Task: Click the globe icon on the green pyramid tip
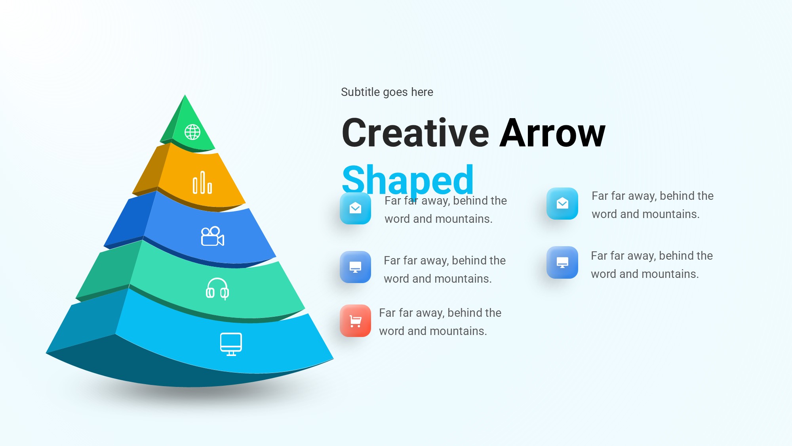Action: click(x=192, y=132)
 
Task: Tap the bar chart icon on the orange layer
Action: click(x=202, y=183)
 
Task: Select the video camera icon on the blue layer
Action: click(x=213, y=236)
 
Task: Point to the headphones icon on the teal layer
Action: click(x=217, y=288)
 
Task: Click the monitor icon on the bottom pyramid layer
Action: click(x=231, y=344)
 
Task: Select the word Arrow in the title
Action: click(x=552, y=133)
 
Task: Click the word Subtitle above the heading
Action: click(x=360, y=92)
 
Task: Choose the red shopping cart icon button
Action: click(x=356, y=321)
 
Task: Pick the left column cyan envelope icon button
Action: click(x=356, y=208)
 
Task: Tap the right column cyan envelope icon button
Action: click(x=562, y=204)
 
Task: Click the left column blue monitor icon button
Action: click(x=356, y=267)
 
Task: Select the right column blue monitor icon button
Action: click(x=562, y=262)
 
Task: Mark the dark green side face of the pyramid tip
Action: click(x=172, y=121)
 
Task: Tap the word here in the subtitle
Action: click(x=422, y=92)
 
